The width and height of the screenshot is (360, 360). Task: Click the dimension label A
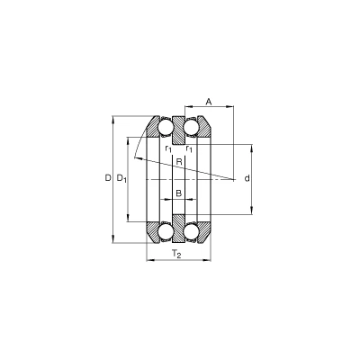[x=209, y=102]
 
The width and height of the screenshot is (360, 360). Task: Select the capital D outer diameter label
[x=108, y=178]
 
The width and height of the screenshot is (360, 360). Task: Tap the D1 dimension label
[x=121, y=178]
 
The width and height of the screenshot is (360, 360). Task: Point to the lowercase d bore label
[x=247, y=178]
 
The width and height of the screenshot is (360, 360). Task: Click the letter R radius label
[x=179, y=162]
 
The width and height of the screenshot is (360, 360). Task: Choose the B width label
[x=179, y=193]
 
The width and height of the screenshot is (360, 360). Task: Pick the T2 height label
[x=176, y=254]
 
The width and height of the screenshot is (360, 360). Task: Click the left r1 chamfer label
[x=168, y=148]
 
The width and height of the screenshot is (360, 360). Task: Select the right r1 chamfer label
[x=189, y=148]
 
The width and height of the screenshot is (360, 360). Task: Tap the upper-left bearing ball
[x=166, y=127]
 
